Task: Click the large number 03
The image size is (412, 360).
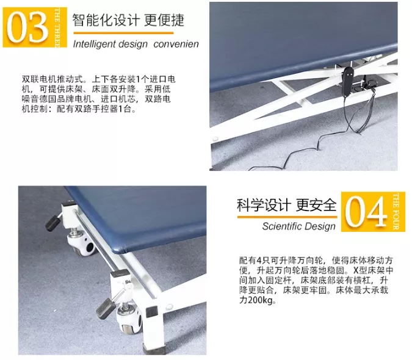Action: click(27, 27)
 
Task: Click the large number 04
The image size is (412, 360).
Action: click(366, 212)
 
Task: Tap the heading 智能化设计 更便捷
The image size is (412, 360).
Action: click(128, 20)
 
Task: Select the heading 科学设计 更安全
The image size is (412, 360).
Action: click(287, 205)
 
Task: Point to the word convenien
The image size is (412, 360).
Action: click(176, 44)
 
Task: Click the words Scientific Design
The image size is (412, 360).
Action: click(298, 226)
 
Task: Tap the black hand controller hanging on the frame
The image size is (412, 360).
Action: click(347, 79)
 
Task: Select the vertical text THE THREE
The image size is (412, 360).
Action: click(57, 27)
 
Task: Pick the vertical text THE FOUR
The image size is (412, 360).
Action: click(396, 212)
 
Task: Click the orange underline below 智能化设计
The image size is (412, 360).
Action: click(123, 33)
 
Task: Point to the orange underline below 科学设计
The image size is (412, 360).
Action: click(287, 217)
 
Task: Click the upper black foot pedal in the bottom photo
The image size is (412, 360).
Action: click(53, 223)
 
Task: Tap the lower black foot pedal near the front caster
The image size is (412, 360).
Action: click(106, 308)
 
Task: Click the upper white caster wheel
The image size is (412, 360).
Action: click(82, 244)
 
